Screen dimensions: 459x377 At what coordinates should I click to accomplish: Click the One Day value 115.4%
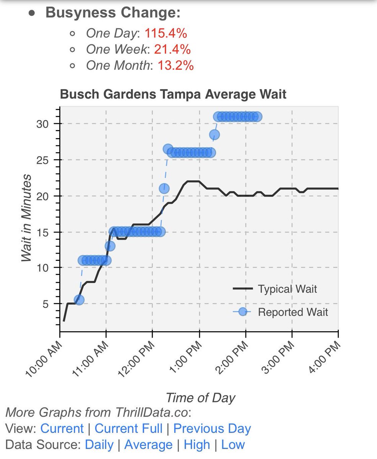pos(166,33)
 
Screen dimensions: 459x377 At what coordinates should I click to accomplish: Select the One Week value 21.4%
pos(172,49)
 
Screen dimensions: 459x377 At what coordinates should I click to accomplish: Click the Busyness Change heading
pos(113,12)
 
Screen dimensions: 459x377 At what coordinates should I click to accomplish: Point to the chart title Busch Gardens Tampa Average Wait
pos(173,94)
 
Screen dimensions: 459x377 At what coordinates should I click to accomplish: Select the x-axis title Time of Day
pos(200,398)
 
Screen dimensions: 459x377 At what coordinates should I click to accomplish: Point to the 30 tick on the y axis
pos(43,124)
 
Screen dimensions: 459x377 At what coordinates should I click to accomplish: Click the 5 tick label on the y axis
pos(46,304)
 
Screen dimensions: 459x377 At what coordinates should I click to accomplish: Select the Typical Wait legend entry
pos(287,288)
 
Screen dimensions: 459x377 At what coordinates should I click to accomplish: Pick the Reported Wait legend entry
pos(293,312)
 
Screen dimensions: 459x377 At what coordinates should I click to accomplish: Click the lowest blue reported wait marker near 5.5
pos(79,300)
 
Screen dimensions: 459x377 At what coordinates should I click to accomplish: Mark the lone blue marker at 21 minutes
pos(164,188)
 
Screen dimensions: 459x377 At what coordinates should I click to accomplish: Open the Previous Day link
pos(212,428)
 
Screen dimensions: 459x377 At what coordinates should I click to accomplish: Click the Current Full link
pos(128,428)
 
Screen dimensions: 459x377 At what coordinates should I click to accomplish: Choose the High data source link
pos(197,445)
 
